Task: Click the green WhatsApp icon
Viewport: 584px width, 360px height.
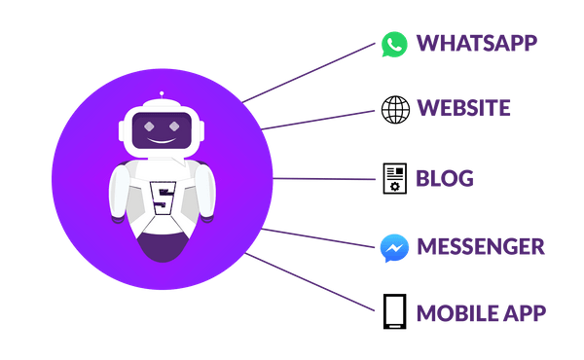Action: [x=394, y=44]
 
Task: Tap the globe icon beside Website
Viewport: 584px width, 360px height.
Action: [x=394, y=108]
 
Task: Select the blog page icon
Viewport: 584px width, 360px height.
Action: [x=394, y=178]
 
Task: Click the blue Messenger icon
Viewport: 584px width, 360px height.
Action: [x=393, y=247]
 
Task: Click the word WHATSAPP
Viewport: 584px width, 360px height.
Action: [x=476, y=44]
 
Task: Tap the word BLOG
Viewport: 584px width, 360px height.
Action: [x=444, y=178]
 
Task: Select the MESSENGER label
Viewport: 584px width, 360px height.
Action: [x=480, y=246]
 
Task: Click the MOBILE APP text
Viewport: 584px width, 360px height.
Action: [x=480, y=313]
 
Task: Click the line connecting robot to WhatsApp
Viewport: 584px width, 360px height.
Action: [x=311, y=73]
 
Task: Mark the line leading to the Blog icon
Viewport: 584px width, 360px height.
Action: [x=326, y=178]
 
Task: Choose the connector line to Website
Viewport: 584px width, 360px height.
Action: [x=321, y=118]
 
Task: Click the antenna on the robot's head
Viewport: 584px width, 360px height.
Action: [x=162, y=97]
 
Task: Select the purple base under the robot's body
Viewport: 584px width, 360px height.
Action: [x=161, y=248]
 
